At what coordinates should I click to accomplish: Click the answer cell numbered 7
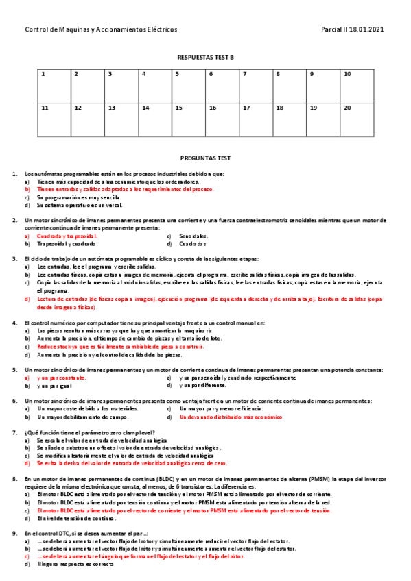click(256, 84)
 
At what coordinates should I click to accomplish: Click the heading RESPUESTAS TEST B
click(206, 58)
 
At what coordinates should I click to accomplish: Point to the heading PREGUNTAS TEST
click(206, 158)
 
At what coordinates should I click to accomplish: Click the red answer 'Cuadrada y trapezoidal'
click(67, 236)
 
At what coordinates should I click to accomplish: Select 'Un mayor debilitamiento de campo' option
click(83, 417)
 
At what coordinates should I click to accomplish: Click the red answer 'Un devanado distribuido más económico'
click(231, 417)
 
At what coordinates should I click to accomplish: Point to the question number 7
click(15, 432)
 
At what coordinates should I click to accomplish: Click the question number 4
click(15, 322)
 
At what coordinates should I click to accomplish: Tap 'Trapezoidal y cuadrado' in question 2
click(67, 243)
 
